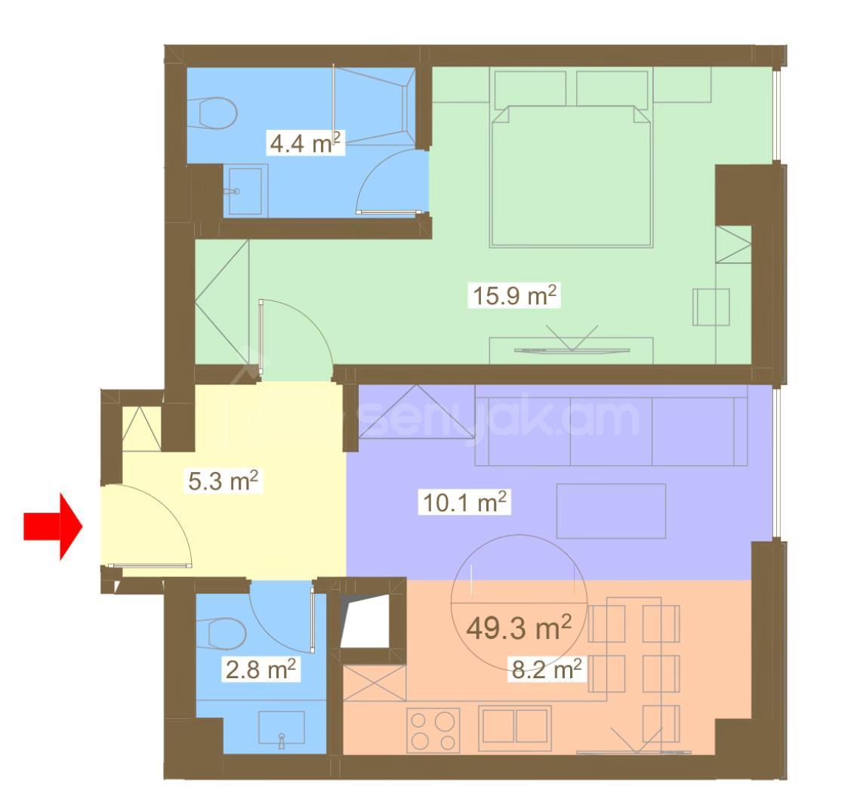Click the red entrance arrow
point(52,526)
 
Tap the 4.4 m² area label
point(305,143)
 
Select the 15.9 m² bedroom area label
point(514,296)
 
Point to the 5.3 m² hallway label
point(223,481)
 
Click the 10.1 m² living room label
point(464,501)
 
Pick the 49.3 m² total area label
point(519,628)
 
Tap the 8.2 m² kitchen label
point(546,668)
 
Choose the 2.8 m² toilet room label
point(261,669)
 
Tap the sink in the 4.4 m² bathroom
point(245,190)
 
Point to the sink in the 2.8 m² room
point(281,727)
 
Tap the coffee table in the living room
point(611,511)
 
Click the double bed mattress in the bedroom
point(572,175)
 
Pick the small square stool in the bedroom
point(711,307)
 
